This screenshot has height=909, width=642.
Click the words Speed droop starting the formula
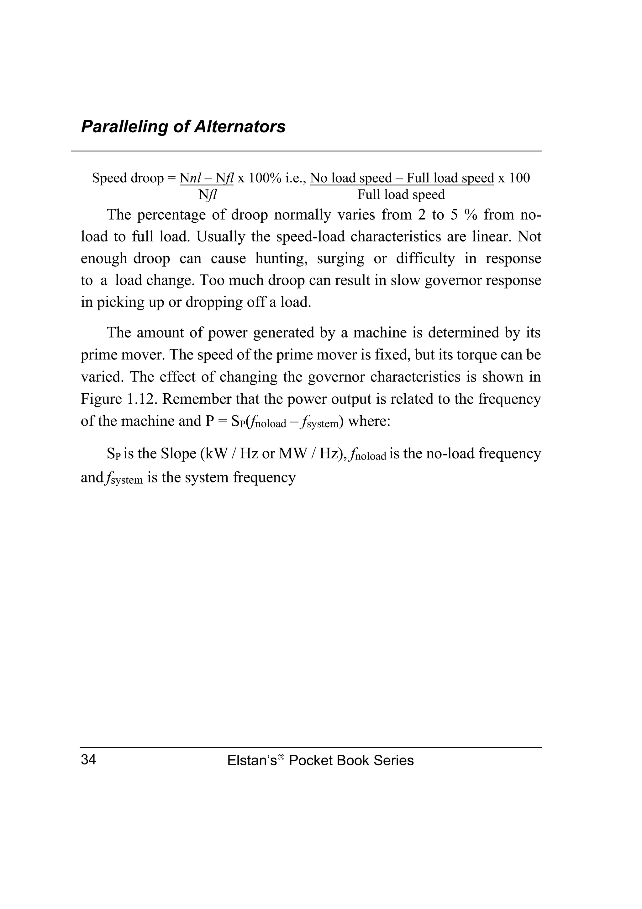128,178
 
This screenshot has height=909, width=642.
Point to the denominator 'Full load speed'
401,195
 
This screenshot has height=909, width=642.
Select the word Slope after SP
178,453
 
